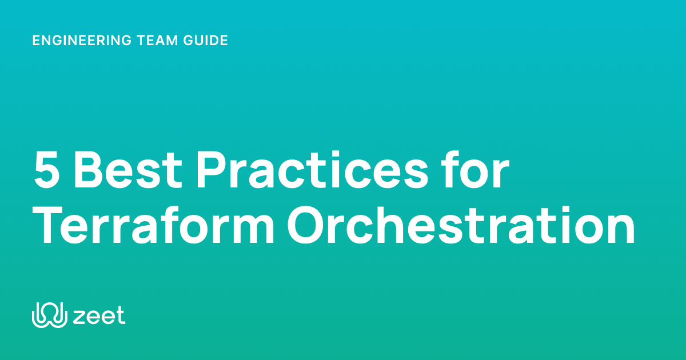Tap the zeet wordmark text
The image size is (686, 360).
99,316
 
